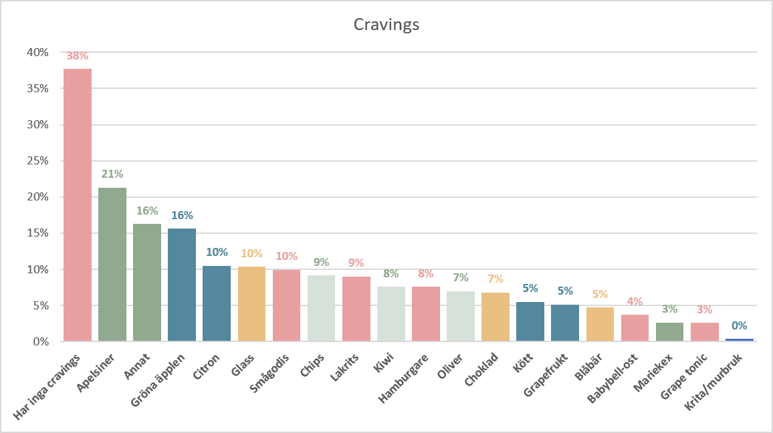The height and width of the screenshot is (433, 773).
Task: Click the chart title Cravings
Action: click(386, 25)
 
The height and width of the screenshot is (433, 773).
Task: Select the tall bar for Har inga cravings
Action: click(78, 205)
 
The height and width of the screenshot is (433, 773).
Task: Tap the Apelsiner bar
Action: click(112, 265)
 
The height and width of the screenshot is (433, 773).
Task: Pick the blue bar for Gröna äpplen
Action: click(182, 285)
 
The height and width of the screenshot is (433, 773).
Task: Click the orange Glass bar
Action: click(251, 304)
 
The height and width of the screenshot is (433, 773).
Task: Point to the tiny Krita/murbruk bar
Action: click(740, 340)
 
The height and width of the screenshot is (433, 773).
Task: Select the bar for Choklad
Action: click(495, 317)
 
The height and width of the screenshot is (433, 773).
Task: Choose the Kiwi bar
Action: click(391, 314)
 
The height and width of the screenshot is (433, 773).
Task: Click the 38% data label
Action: click(78, 55)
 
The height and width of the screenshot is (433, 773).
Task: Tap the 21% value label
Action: click(112, 174)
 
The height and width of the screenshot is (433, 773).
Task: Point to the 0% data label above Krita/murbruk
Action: click(740, 325)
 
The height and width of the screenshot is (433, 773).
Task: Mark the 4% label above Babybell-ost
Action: click(635, 301)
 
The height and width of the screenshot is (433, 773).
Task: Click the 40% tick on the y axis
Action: click(38, 52)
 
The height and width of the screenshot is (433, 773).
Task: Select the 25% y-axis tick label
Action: click(38, 160)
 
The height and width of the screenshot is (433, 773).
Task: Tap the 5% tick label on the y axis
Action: click(41, 305)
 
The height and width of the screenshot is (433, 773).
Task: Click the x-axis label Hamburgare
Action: click(403, 378)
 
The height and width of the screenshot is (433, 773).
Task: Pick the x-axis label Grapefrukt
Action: click(546, 375)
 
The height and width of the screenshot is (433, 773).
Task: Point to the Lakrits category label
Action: click(344, 368)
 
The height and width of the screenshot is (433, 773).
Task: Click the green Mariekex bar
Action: click(669, 332)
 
